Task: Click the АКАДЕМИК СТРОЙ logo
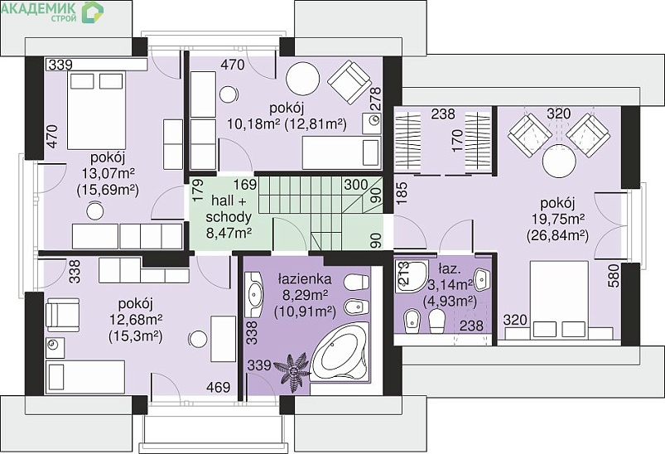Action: (x=51, y=12)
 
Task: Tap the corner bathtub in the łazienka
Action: (x=340, y=352)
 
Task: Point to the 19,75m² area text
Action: (x=558, y=219)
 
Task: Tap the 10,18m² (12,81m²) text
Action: (x=287, y=124)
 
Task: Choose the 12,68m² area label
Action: (x=137, y=319)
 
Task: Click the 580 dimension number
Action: (x=614, y=276)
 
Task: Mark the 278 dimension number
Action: (x=376, y=99)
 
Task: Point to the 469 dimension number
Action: (x=218, y=387)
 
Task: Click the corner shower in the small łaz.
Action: (x=411, y=277)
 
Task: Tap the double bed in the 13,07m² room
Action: (x=96, y=110)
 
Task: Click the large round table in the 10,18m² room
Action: (x=303, y=79)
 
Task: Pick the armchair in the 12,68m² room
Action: (x=62, y=315)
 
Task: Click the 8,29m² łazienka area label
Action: (x=305, y=296)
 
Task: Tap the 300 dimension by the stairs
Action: (x=356, y=185)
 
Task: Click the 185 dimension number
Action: (x=402, y=193)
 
